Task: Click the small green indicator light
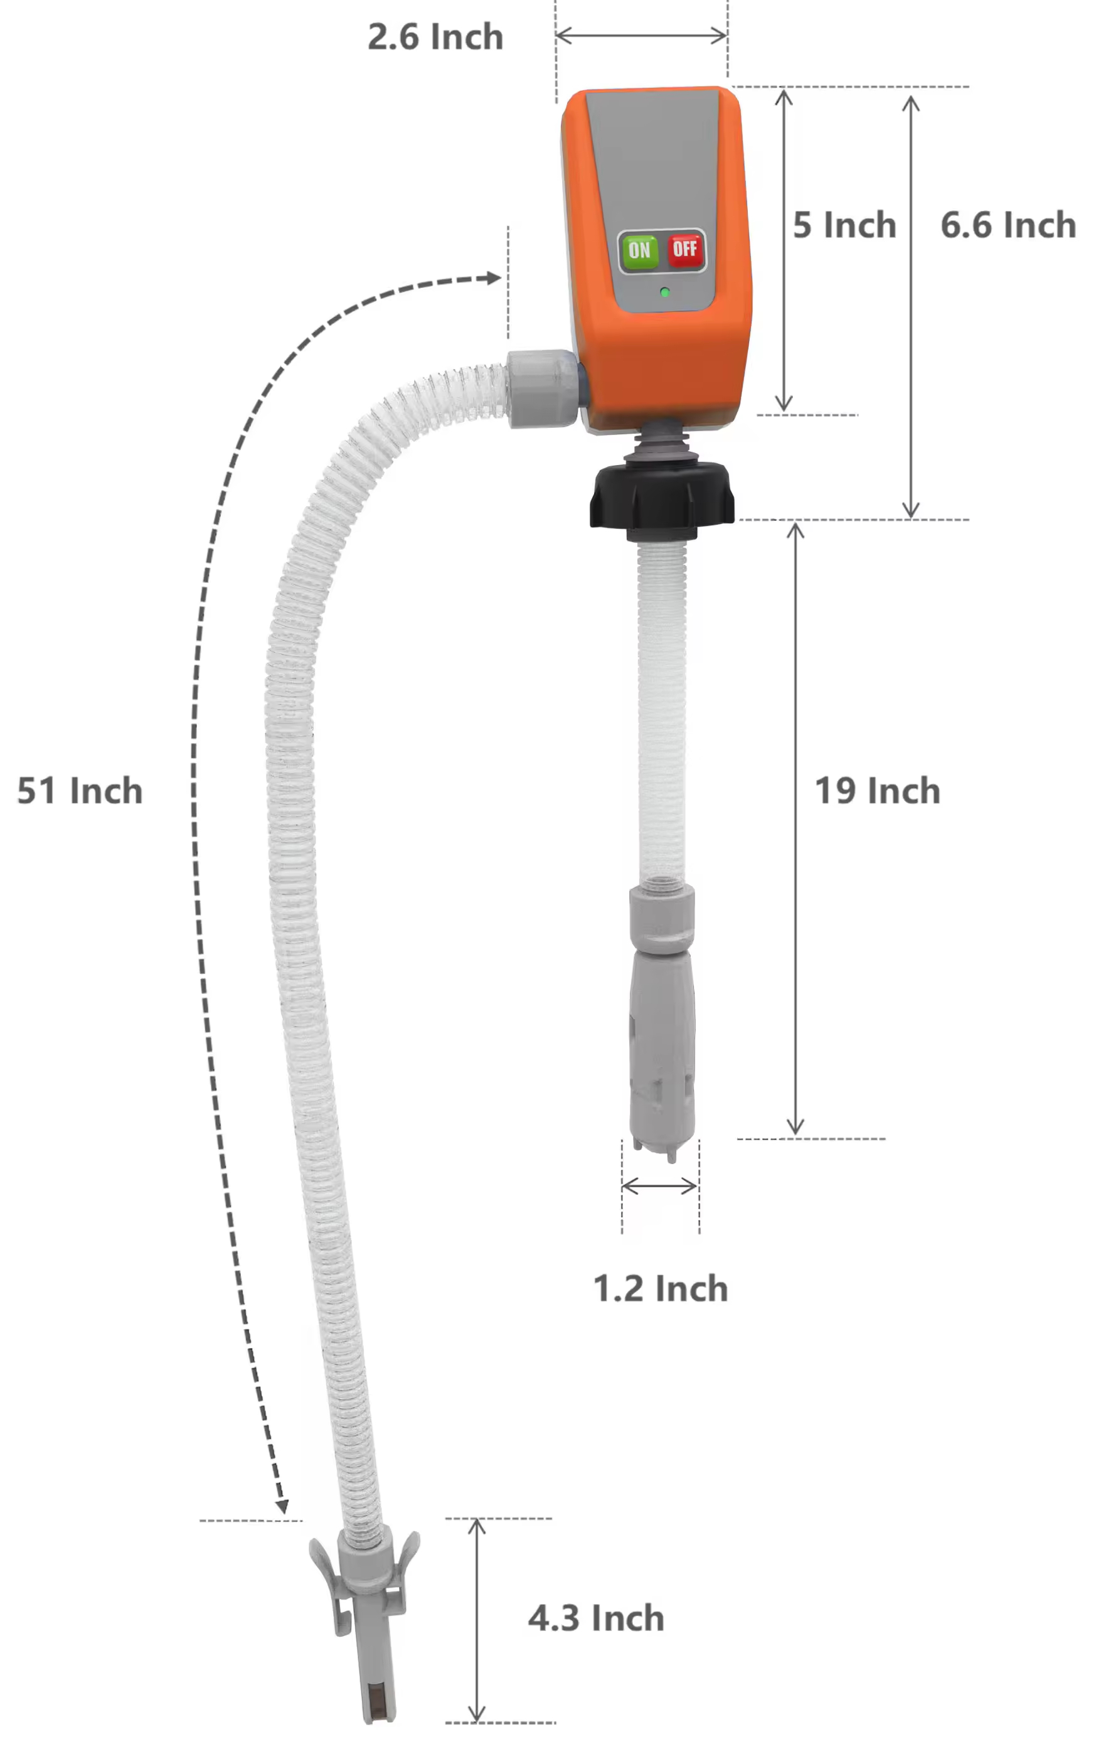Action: tap(664, 293)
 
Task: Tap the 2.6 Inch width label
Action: tap(435, 36)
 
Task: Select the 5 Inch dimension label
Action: tap(844, 225)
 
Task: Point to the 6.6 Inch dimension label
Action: tap(1009, 225)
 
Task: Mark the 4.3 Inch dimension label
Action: tap(597, 1618)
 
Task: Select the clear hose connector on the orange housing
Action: tap(543, 388)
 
